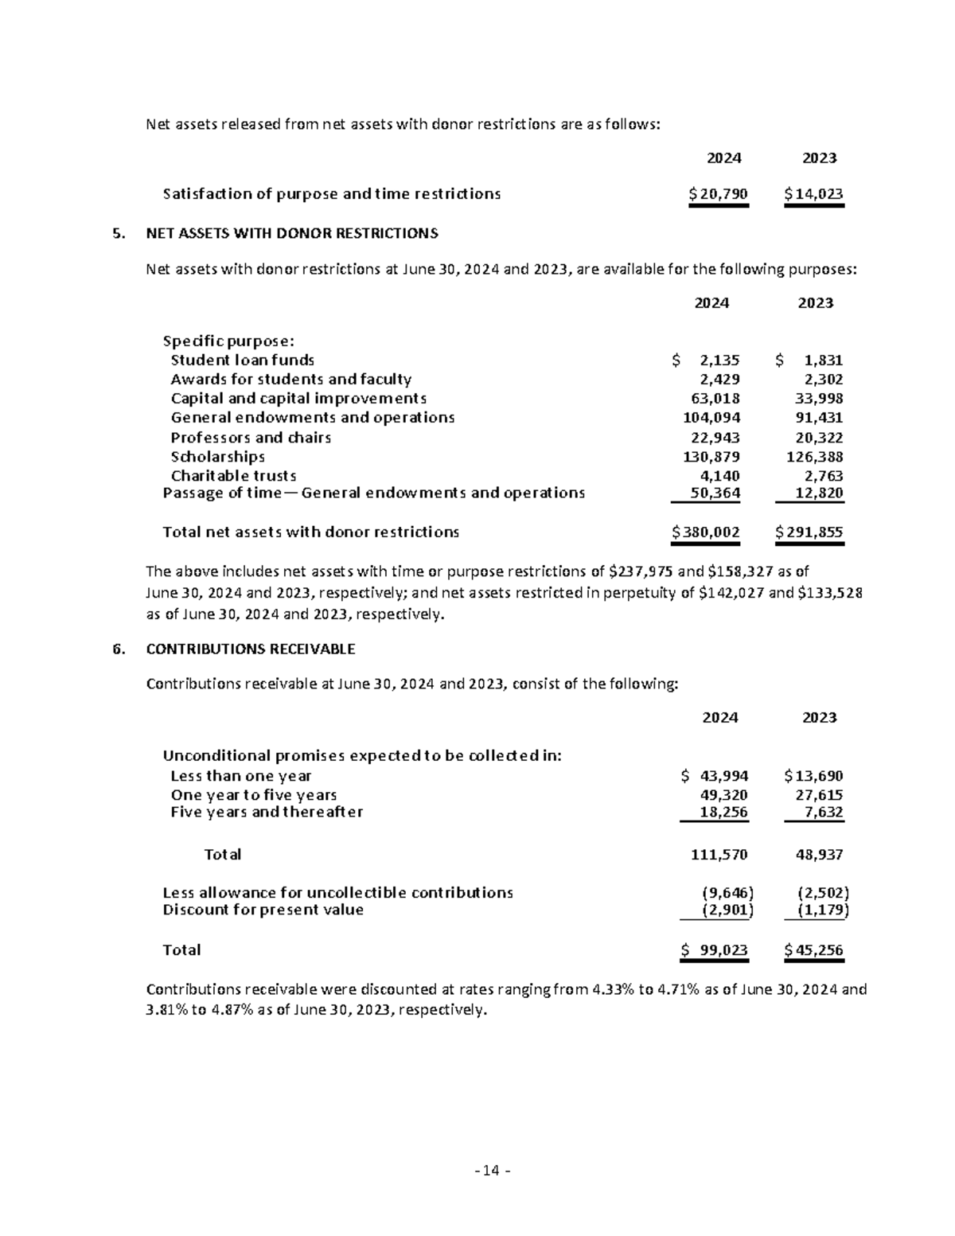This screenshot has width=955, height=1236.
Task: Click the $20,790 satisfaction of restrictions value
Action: click(x=719, y=193)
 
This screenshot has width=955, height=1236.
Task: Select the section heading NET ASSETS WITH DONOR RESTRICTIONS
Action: click(x=292, y=233)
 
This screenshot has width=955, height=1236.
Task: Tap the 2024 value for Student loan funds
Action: click(x=719, y=360)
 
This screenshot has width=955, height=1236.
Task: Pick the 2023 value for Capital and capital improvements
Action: click(x=819, y=399)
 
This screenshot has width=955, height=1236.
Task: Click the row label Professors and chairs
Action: click(x=251, y=438)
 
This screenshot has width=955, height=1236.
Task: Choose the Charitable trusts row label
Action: click(x=233, y=476)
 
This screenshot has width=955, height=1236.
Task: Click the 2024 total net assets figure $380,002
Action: click(x=706, y=532)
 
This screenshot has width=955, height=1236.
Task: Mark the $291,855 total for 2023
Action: click(x=809, y=532)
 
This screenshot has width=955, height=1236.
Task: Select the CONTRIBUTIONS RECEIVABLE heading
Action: click(x=251, y=649)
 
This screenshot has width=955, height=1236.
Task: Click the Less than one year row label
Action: click(x=241, y=776)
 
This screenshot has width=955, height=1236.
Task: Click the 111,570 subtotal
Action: click(x=719, y=855)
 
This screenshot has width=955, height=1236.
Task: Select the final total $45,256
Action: click(x=813, y=949)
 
